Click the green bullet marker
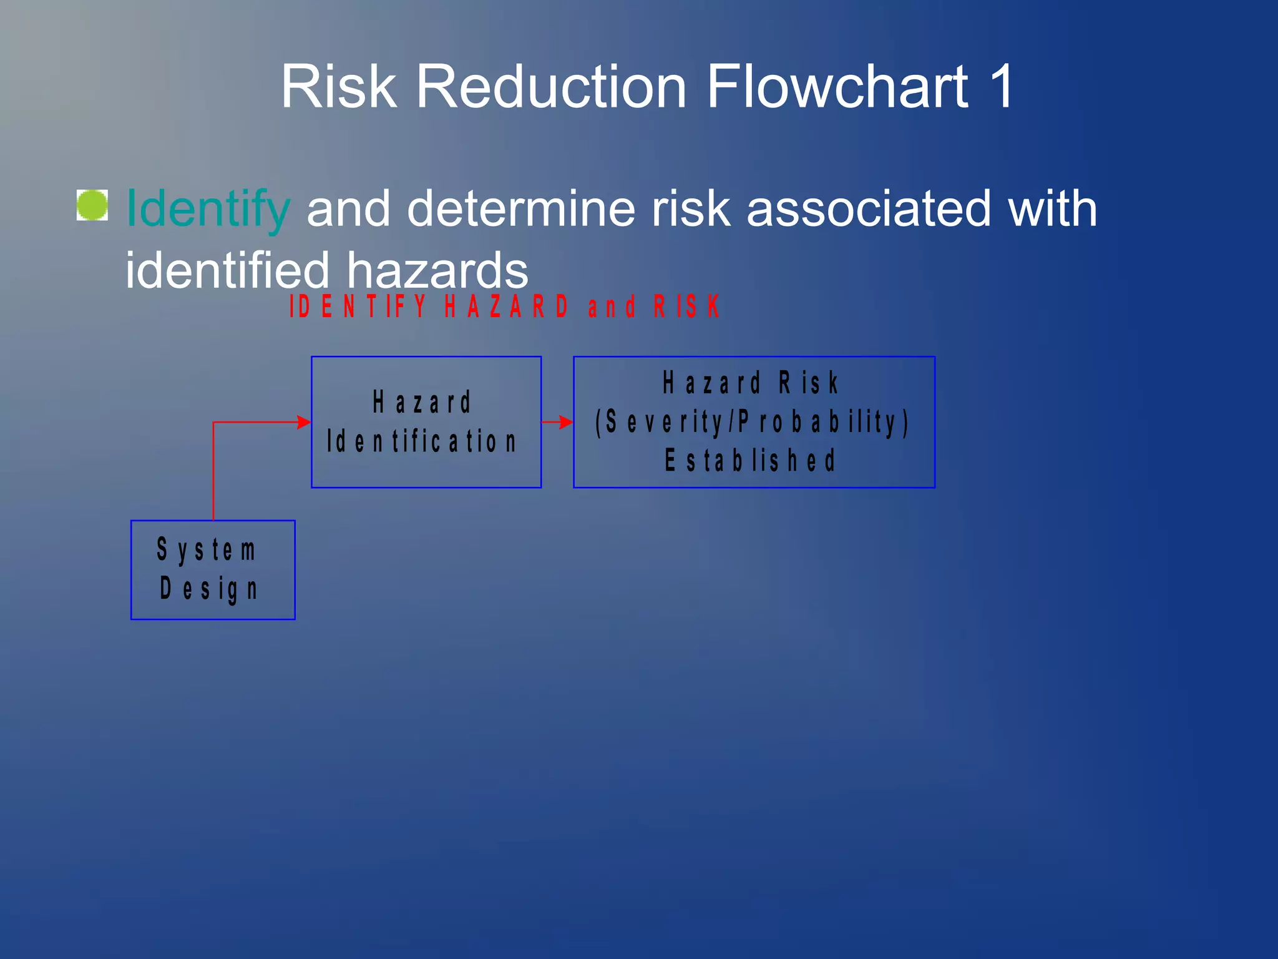(92, 205)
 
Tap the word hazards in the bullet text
(437, 270)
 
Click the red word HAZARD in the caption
(506, 307)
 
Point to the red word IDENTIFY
(358, 307)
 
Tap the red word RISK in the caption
(686, 307)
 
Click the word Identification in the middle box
(422, 441)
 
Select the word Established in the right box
(749, 461)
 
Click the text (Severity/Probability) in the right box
(752, 422)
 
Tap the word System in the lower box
(206, 550)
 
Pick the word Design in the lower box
(208, 589)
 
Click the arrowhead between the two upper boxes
(565, 423)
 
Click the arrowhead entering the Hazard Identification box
(304, 423)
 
